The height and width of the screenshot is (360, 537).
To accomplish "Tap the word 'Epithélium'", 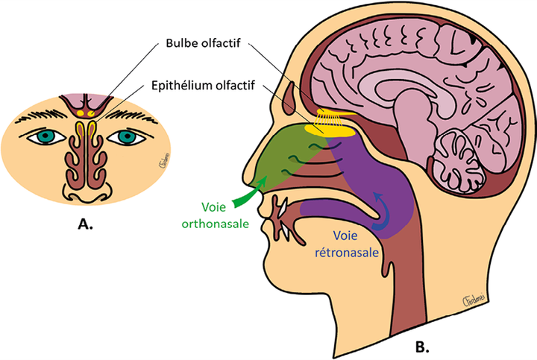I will coord(180,86).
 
